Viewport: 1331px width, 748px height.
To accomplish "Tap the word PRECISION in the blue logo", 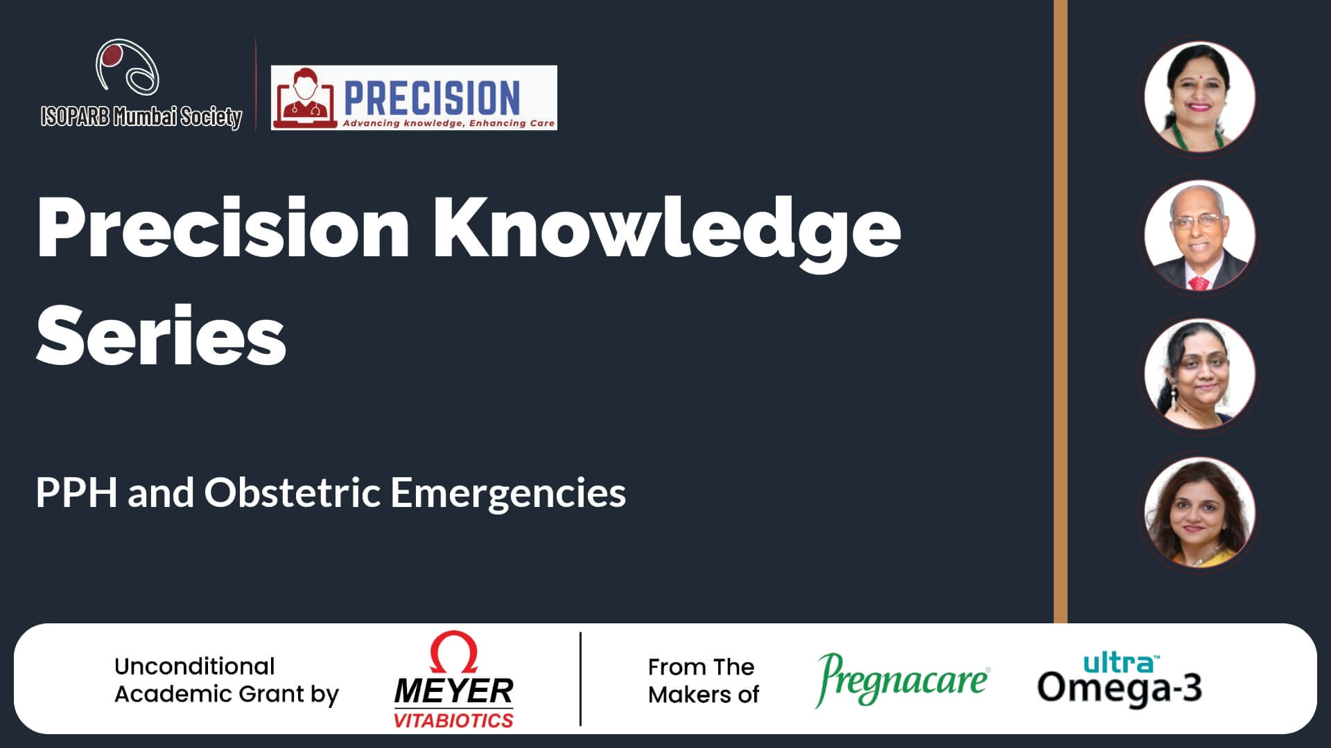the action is click(432, 98).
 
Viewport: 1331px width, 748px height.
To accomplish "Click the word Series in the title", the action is click(161, 335).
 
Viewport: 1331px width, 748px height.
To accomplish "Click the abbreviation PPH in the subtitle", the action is click(76, 492).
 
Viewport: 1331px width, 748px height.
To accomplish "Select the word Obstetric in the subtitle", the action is click(293, 492).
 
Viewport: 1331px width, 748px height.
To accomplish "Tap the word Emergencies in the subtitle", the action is click(508, 494).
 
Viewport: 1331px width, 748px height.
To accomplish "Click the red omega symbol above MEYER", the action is click(454, 652).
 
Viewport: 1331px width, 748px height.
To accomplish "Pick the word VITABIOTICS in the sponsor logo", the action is click(453, 720).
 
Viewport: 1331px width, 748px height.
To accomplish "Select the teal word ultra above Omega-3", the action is click(1120, 663).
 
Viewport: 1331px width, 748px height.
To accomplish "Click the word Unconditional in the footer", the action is click(195, 666).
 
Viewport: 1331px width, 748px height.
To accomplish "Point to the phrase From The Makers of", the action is click(703, 681).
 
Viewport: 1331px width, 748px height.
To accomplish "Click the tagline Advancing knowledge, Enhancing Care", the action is click(449, 123).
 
